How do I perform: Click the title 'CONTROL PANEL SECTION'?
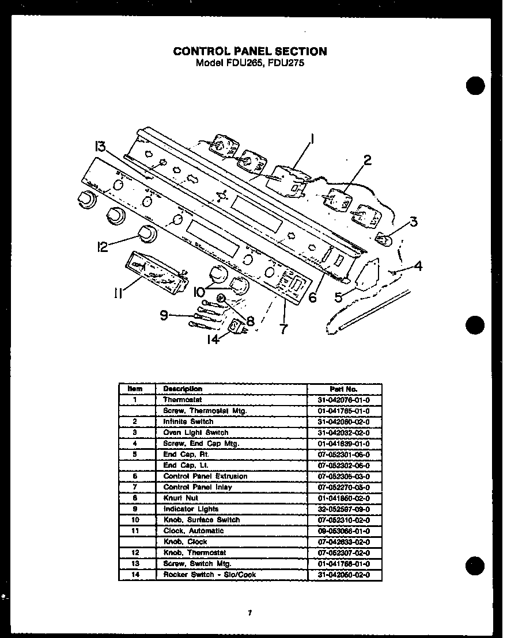click(x=250, y=51)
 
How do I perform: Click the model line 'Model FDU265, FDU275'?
click(x=250, y=63)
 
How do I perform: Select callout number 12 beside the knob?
click(x=102, y=246)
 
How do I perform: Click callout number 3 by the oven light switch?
click(x=413, y=222)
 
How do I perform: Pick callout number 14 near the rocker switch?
click(x=213, y=339)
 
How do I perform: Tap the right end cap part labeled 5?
click(x=366, y=275)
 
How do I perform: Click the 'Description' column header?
click(x=183, y=389)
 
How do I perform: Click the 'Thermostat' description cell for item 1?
click(x=183, y=400)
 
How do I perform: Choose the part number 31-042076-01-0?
click(x=344, y=400)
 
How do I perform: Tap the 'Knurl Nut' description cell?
click(x=180, y=498)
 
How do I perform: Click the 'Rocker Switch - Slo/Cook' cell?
click(x=209, y=575)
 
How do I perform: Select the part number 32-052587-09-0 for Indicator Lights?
click(x=344, y=509)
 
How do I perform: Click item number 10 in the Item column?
click(x=134, y=520)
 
